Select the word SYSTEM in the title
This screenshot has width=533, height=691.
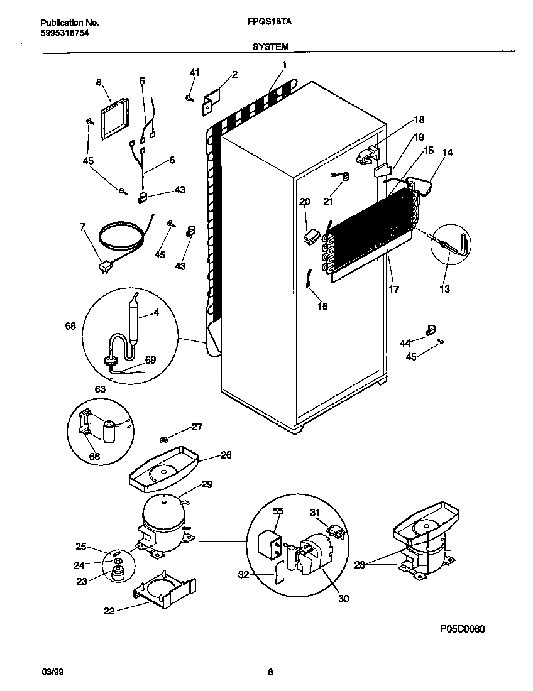click(270, 46)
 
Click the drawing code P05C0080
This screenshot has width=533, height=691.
click(463, 629)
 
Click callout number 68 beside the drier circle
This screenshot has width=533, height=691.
click(70, 326)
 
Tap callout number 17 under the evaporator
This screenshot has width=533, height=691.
click(394, 290)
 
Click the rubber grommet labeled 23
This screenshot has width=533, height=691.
click(116, 573)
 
